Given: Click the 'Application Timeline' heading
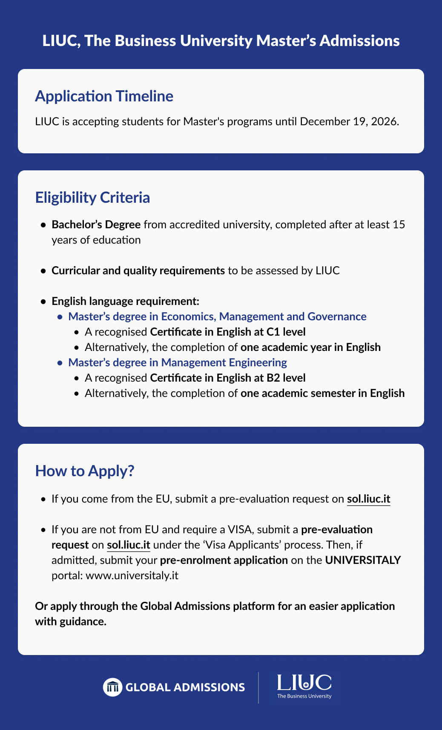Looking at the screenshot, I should pos(104,96).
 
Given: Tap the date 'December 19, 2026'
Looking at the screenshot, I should pos(349,121).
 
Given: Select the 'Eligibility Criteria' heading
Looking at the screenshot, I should pos(92,198).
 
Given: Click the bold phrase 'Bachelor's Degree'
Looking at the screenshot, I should pos(96,224).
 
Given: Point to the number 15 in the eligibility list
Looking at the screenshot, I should pos(399,224).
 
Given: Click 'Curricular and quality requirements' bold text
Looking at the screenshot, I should pos(138,270).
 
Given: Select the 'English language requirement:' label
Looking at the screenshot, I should pos(125,301).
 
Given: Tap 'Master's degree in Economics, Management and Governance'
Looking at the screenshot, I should pos(217,316).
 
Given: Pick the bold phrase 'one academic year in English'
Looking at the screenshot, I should pos(310,347).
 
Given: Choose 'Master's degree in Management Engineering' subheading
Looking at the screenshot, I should pos(178,362).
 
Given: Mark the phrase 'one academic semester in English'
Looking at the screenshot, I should pos(322,393).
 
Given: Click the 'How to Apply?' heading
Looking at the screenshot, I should pos(85,471).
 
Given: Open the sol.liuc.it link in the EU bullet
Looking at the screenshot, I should pos(368,499).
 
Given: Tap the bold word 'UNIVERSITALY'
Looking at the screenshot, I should pos(363,560).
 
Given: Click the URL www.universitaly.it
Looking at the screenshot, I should pos(132,575).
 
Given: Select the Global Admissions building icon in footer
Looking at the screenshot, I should pos(112,687).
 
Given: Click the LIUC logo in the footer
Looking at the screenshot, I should pos(304,686).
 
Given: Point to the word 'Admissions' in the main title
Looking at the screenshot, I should pos(359,41).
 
